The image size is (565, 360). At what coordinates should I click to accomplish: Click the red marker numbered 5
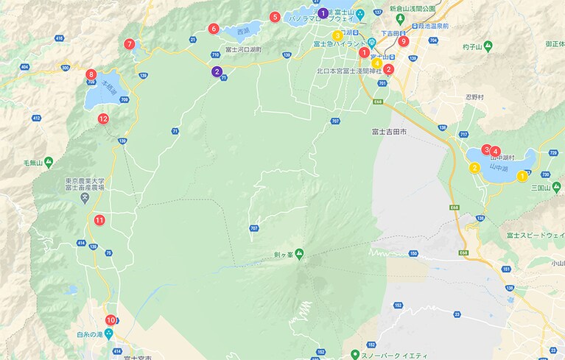(275, 17)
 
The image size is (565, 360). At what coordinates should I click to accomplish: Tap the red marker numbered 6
(214, 29)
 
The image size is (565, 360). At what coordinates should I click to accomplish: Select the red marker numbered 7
(130, 44)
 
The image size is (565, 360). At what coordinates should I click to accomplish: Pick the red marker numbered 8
(91, 74)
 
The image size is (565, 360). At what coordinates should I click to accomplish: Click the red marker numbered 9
(403, 41)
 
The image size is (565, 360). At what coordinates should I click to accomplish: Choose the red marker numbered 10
(110, 320)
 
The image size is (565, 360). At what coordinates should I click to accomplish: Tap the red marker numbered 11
(99, 219)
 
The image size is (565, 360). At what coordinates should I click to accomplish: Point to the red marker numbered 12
(103, 119)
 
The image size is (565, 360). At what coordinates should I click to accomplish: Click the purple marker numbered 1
(322, 13)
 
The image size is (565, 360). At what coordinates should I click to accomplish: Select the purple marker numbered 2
(217, 71)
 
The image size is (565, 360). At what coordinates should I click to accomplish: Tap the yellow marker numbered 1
(522, 175)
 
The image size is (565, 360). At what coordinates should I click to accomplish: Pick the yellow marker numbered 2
(474, 168)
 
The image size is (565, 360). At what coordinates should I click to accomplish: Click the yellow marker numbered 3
(337, 35)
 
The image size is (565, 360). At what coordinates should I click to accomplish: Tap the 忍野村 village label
(475, 97)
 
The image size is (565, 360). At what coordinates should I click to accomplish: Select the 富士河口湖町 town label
(244, 49)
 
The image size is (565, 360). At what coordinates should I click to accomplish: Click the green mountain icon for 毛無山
(49, 160)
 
